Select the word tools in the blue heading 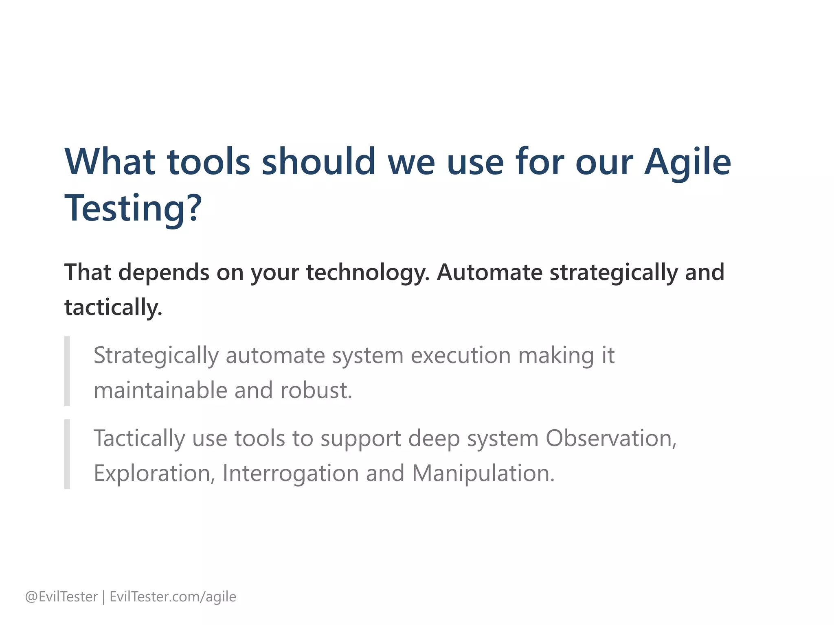pyautogui.click(x=208, y=162)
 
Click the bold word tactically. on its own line pyautogui.click(x=113, y=308)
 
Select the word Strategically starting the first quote pyautogui.click(x=156, y=356)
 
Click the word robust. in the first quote pyautogui.click(x=316, y=391)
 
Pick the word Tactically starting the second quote pyautogui.click(x=139, y=439)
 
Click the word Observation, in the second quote pyautogui.click(x=611, y=439)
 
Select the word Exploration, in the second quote pyautogui.click(x=154, y=474)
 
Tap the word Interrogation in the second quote pyautogui.click(x=290, y=474)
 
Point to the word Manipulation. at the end pyautogui.click(x=483, y=474)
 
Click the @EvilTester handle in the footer pyautogui.click(x=61, y=597)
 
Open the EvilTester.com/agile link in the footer pyautogui.click(x=173, y=597)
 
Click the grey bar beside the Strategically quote pyautogui.click(x=67, y=371)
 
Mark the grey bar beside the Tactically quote pyautogui.click(x=67, y=454)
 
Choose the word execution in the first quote pyautogui.click(x=461, y=356)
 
